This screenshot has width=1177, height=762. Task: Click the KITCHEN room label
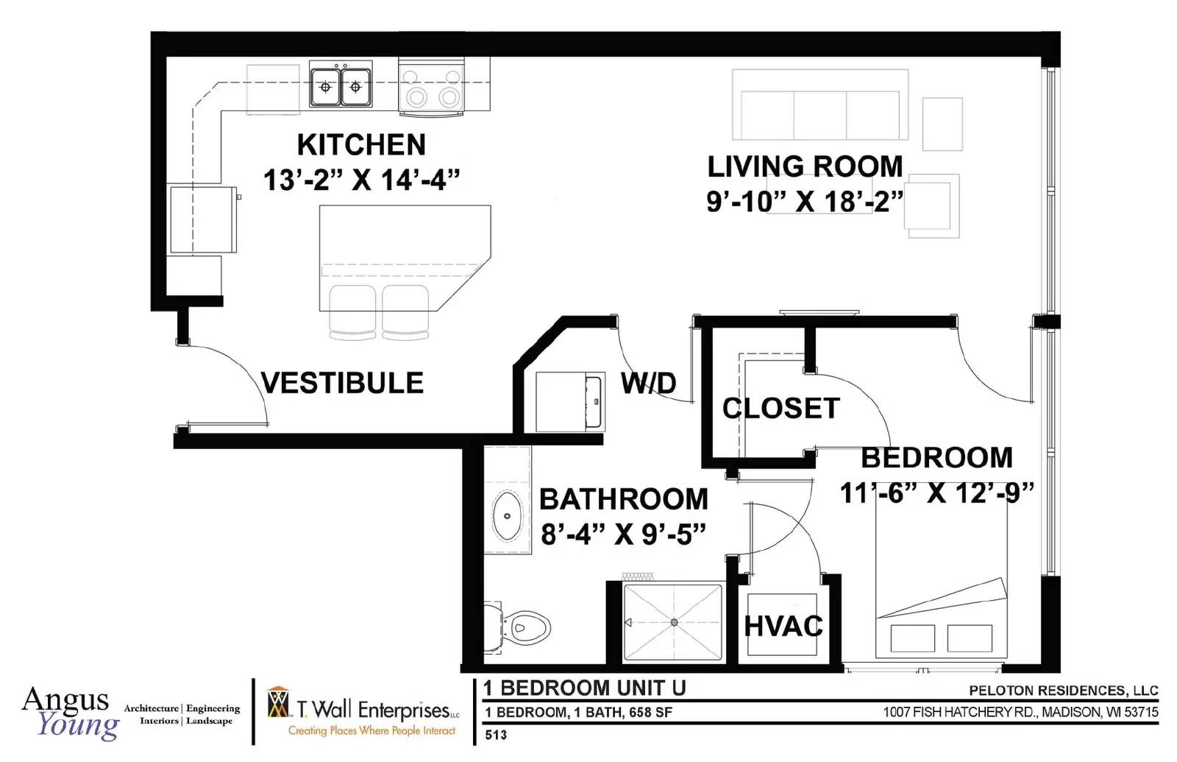coord(361,144)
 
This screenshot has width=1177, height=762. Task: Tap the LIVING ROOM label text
coord(805,166)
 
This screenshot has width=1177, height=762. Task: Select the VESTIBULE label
coord(342,383)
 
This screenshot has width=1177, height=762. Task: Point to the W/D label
coord(648,383)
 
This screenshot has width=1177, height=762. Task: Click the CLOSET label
coord(780,408)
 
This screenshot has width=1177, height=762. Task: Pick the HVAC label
coord(783,626)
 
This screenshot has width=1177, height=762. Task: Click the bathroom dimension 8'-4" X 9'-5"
coord(623,535)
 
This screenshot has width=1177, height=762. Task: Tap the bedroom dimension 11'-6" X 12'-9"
coord(937,493)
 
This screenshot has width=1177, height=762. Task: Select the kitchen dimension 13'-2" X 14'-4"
coord(361,180)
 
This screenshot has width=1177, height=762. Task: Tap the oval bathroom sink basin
coord(507,516)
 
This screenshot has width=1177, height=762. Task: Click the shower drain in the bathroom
coord(674,622)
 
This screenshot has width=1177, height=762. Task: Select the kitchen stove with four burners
coord(431,87)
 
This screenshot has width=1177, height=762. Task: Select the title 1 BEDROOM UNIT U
coord(584,688)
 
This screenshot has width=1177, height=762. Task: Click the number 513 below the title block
coord(496,735)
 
